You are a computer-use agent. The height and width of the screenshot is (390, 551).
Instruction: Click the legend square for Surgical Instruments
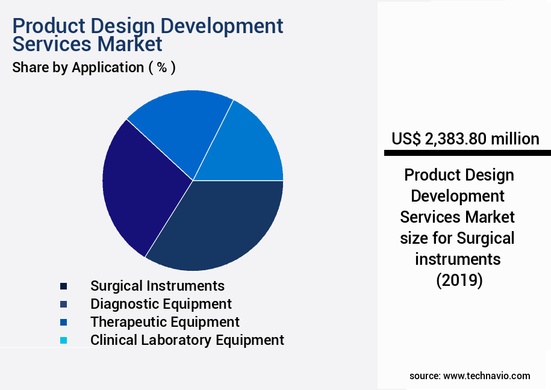click(63, 286)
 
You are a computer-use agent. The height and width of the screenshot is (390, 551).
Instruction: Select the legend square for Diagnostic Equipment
click(63, 304)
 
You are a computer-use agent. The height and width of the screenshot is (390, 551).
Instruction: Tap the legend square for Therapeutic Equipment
click(63, 322)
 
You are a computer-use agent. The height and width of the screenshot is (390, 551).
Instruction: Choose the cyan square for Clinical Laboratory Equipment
click(63, 340)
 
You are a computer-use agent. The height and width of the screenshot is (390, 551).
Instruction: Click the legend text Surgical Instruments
click(157, 286)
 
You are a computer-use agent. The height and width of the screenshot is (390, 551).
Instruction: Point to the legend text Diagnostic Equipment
click(161, 304)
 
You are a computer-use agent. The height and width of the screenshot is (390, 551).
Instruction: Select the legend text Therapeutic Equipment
click(164, 322)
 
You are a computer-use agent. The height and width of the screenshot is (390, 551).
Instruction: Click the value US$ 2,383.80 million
click(465, 139)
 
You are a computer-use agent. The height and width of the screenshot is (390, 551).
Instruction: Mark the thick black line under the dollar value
click(467, 153)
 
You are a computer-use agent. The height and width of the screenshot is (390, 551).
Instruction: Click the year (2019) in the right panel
click(459, 280)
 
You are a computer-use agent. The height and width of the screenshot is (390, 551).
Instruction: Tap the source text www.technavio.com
click(487, 376)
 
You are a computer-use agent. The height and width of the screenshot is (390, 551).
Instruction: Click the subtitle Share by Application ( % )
click(94, 67)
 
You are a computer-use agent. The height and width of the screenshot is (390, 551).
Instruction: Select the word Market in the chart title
click(130, 44)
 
